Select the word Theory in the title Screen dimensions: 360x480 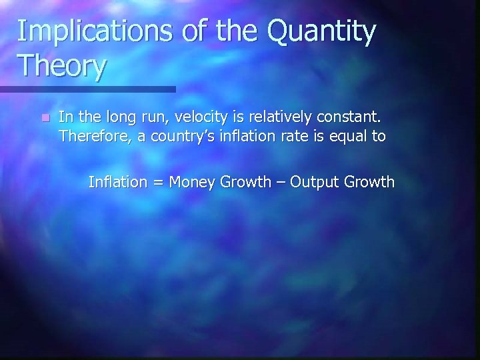(62, 67)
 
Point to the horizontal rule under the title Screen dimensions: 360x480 (87, 89)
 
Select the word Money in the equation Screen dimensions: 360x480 (191, 181)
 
